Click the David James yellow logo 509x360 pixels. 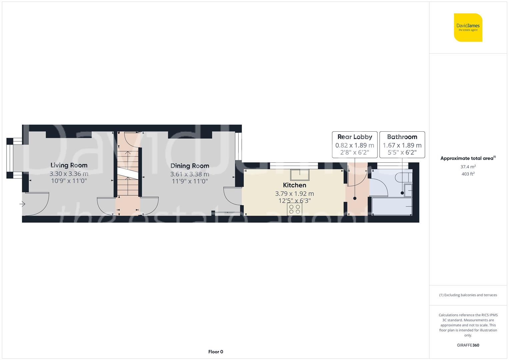pos(468,27)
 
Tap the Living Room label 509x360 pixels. pos(69,165)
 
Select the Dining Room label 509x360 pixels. pos(190,166)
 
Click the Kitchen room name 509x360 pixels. pos(294,185)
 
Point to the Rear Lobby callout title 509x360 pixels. pos(355,137)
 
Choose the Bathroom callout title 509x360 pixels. pos(402,137)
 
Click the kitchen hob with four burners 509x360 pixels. pos(294,209)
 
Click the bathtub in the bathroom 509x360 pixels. pos(392,206)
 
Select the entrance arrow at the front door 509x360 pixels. pos(23,204)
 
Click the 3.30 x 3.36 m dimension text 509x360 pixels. pos(69,174)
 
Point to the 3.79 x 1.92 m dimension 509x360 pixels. pos(294,194)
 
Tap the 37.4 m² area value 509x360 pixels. pos(468,167)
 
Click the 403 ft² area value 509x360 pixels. pos(468,174)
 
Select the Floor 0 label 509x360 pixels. pos(216,352)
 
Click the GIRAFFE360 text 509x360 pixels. pos(468,345)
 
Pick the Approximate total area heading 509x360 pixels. pos(467,158)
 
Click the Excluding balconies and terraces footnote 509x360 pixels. pos(468,295)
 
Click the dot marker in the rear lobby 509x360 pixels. pos(355,198)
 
